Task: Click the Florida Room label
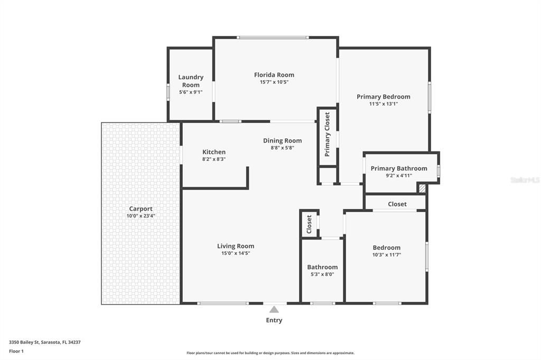click(274, 75)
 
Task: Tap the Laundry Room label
click(191, 81)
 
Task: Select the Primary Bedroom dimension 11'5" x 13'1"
click(383, 104)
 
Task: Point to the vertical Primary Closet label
click(327, 134)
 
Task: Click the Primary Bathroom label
click(399, 168)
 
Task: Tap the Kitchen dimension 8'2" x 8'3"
click(213, 159)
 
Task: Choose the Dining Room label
click(283, 140)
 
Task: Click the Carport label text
click(141, 209)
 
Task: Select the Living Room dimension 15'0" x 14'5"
click(236, 253)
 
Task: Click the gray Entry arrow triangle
click(274, 309)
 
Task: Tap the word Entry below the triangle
click(274, 320)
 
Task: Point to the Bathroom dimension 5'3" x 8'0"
click(322, 274)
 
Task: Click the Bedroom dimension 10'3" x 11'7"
click(386, 255)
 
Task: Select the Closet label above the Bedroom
click(397, 204)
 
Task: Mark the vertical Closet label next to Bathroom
click(310, 224)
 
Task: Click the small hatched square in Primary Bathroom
click(422, 188)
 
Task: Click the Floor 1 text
click(16, 351)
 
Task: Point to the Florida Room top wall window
click(272, 37)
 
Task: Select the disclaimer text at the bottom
click(270, 353)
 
